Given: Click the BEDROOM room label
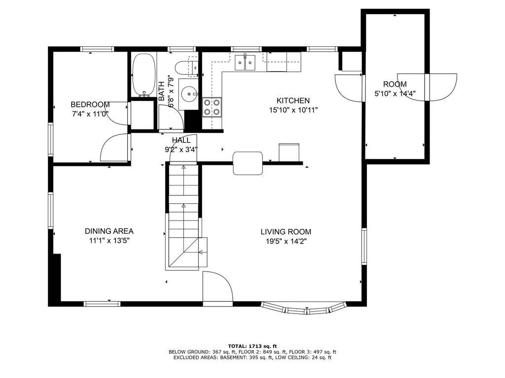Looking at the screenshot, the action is pyautogui.click(x=90, y=104).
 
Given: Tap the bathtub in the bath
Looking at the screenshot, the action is pyautogui.click(x=144, y=75).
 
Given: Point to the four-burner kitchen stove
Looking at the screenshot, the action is pyautogui.click(x=212, y=107).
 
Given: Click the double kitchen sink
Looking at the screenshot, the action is pyautogui.click(x=245, y=63).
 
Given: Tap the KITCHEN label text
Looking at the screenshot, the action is pyautogui.click(x=293, y=100).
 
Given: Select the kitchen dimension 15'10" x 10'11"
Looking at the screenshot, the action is pyautogui.click(x=293, y=110).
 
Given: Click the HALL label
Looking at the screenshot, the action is pyautogui.click(x=181, y=140).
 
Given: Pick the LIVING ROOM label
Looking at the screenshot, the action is pyautogui.click(x=286, y=232).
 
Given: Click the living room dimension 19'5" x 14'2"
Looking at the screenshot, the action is pyautogui.click(x=286, y=241).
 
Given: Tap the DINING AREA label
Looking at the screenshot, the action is pyautogui.click(x=109, y=231).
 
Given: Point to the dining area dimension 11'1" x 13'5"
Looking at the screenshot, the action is pyautogui.click(x=109, y=241).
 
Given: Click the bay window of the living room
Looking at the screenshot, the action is pyautogui.click(x=303, y=308).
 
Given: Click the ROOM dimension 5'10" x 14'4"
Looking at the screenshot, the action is pyautogui.click(x=395, y=94).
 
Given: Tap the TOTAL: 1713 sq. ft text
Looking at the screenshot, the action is pyautogui.click(x=252, y=346).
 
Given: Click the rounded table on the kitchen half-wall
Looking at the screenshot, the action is pyautogui.click(x=248, y=163).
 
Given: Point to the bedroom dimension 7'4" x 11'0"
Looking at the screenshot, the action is pyautogui.click(x=90, y=114).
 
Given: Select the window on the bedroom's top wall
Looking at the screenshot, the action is pyautogui.click(x=97, y=49).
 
